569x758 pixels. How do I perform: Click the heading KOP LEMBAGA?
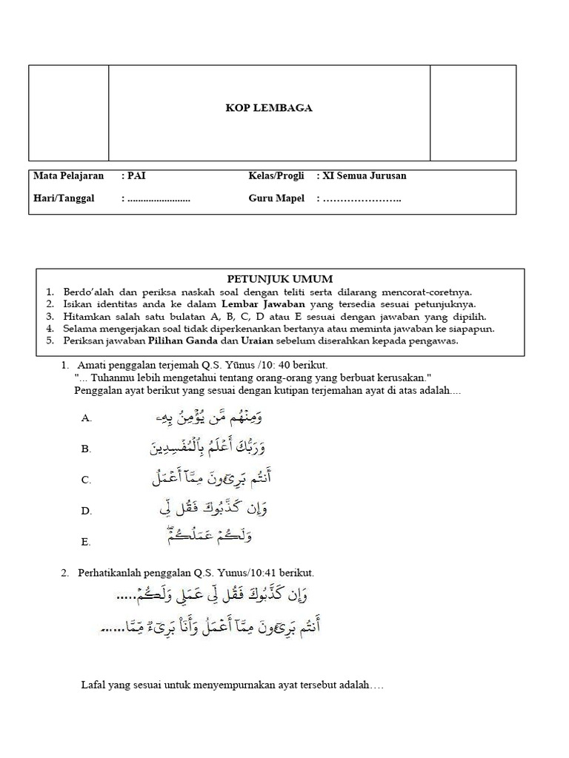tap(269, 108)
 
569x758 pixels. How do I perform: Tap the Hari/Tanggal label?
tap(64, 198)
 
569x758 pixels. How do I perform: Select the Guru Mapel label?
tap(276, 198)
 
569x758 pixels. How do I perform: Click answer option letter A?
tap(87, 419)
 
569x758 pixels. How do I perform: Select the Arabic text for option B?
tap(211, 447)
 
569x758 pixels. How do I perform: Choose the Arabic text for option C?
tap(211, 479)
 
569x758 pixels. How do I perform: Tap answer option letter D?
tap(87, 512)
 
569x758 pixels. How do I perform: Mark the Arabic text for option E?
tap(211, 537)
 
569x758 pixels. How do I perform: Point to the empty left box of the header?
tap(69, 113)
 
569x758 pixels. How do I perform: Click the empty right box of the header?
tap(473, 113)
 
